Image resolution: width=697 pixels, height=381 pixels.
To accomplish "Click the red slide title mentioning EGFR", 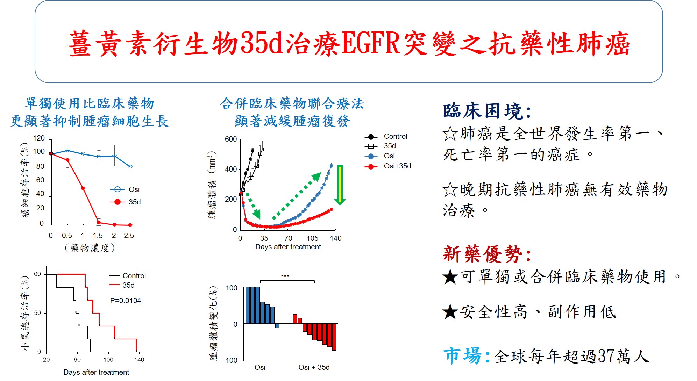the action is [349, 43].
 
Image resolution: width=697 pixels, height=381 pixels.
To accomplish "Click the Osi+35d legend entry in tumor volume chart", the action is [388, 166].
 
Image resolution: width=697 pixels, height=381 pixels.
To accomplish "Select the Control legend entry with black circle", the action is [386, 136].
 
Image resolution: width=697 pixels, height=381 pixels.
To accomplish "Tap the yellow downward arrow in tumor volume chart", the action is [340, 185].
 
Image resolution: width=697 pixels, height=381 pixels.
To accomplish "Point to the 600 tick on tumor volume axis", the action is [231, 139].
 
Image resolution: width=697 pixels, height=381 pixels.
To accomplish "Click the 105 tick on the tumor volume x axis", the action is [312, 238].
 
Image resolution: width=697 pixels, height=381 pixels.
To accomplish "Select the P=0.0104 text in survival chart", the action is [126, 301].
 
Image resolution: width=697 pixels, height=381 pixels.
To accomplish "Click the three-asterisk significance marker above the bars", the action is [285, 276].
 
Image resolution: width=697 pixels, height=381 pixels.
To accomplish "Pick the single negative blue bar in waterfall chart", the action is [277, 326].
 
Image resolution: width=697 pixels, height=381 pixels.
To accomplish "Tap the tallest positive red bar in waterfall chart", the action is [295, 319].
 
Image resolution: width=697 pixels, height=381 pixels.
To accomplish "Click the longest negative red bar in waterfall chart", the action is [334, 337].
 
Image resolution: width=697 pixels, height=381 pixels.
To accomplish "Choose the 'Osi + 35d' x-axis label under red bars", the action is [314, 367].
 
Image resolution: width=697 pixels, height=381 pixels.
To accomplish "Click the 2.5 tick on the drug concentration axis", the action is [129, 236].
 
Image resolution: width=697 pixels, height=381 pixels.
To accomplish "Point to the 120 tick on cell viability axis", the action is [39, 138].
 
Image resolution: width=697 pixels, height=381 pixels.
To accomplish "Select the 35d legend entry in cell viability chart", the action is [126, 202].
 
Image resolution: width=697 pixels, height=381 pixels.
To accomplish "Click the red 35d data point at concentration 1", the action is [83, 188].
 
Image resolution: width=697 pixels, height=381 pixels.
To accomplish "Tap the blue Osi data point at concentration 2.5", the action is [130, 167].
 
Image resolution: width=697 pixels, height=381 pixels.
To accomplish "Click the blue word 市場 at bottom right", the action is [462, 356].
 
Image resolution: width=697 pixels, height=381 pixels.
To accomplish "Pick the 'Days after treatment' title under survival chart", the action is [96, 372].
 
